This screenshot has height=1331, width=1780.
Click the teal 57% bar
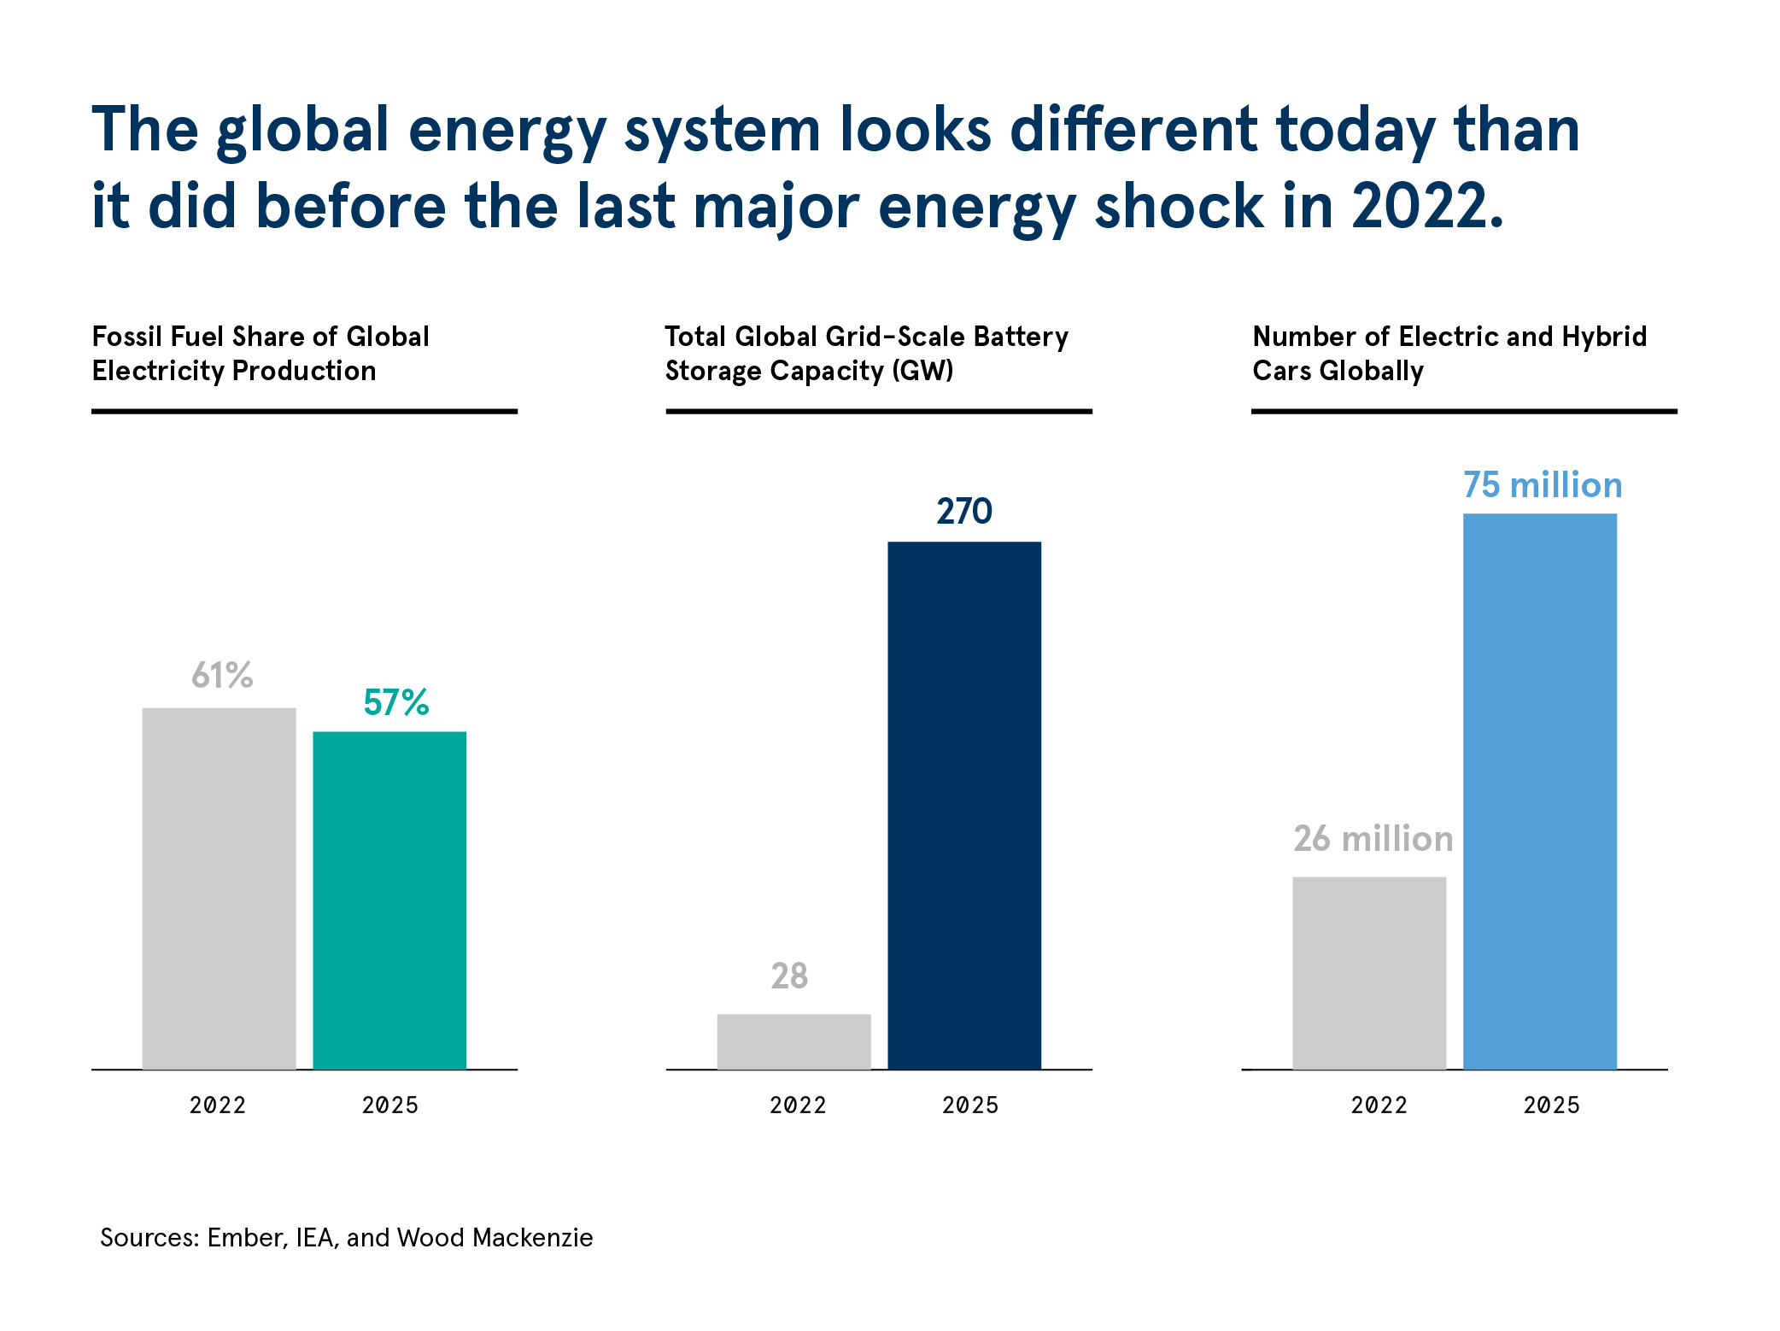(389, 900)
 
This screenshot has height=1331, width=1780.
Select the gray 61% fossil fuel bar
(219, 888)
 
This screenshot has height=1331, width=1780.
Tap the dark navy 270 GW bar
(964, 805)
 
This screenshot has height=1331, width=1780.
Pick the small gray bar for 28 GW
(793, 1041)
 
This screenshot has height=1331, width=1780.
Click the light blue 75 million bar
(1540, 791)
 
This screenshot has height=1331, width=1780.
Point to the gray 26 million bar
(1369, 973)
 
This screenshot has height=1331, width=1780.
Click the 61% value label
(222, 675)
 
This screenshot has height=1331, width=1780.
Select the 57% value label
(395, 702)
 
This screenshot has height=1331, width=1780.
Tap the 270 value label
(964, 511)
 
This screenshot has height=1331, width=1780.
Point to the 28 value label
(789, 976)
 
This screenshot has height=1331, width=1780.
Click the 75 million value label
(1543, 484)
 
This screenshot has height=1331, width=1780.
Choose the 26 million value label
(1373, 838)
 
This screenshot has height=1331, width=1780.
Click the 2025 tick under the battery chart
(970, 1105)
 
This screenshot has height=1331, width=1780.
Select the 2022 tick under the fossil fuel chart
(218, 1105)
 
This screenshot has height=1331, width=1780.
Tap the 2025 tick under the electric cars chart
(1552, 1105)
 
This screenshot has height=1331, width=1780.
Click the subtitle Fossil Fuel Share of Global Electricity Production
(261, 354)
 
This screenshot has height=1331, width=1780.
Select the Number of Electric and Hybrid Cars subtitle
(1449, 354)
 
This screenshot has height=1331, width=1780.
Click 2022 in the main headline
(1427, 207)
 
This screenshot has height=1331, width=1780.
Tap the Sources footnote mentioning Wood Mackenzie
(347, 1238)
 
